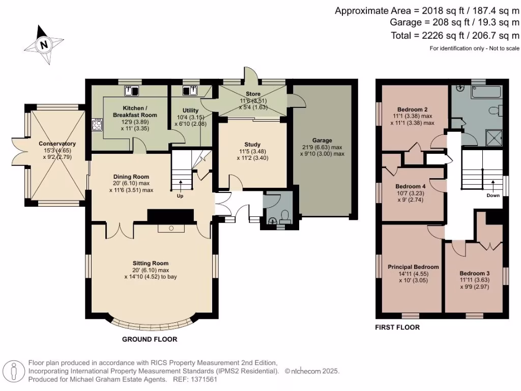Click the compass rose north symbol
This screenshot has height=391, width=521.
(x=44, y=45)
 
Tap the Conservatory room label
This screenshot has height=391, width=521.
(x=57, y=144)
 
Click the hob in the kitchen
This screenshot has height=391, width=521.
(x=97, y=125)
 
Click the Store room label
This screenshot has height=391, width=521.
(x=253, y=94)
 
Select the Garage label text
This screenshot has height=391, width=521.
(x=322, y=140)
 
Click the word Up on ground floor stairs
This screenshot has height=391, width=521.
(x=180, y=195)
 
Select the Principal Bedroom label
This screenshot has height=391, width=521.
(x=413, y=267)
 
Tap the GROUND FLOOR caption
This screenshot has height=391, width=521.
(x=150, y=339)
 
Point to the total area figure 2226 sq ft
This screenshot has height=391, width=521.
(x=449, y=36)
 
